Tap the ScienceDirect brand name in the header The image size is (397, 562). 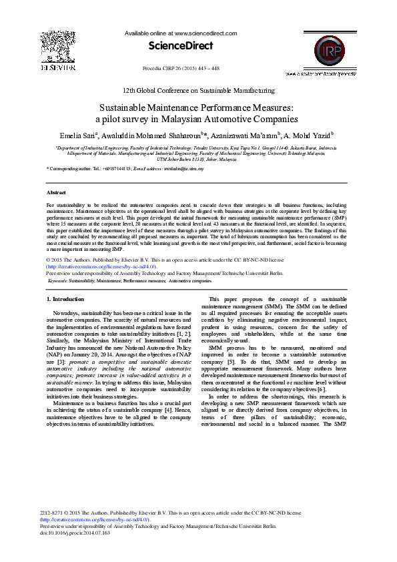(x=181, y=46)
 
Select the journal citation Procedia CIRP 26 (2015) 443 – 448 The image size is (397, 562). (x=181, y=69)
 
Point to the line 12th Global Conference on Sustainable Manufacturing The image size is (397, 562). (x=198, y=90)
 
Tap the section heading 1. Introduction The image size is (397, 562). (x=68, y=299)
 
